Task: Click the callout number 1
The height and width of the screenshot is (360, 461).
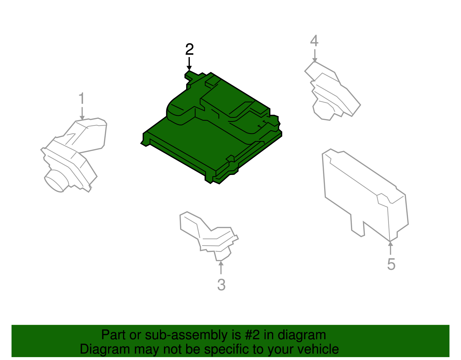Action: point(82,98)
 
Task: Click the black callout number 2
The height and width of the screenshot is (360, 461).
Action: point(190,49)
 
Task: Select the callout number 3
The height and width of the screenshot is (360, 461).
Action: point(221,285)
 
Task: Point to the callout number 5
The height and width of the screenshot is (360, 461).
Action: point(391,264)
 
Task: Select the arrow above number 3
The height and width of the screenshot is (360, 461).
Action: point(221,267)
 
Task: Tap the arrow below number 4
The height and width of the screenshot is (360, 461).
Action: point(315,56)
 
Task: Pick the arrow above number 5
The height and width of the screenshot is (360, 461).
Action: point(390,248)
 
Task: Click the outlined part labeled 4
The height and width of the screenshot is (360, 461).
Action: point(332,91)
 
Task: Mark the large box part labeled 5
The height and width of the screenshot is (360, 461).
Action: point(365,195)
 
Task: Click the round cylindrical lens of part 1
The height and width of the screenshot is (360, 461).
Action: point(56,181)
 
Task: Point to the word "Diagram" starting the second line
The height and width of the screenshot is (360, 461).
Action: point(105,349)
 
